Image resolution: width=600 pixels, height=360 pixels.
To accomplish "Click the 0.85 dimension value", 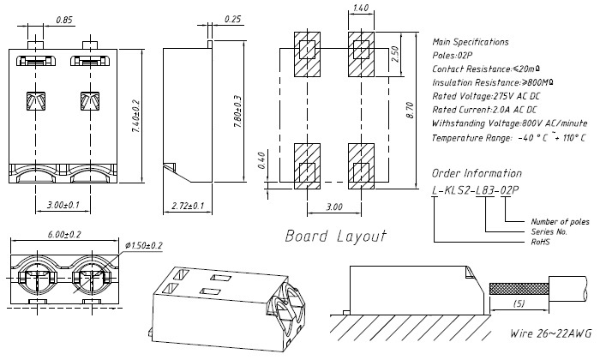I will (63, 19).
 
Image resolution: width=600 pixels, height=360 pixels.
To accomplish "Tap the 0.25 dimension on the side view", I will (231, 19).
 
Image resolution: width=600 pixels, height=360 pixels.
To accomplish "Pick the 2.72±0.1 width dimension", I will (188, 207).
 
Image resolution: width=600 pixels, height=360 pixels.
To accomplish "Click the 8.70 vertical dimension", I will (410, 110).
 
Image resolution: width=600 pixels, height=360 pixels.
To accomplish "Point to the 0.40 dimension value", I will (262, 160).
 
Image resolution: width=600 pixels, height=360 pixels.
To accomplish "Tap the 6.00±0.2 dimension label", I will (63, 234).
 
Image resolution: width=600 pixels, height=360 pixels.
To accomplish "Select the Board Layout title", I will (334, 236).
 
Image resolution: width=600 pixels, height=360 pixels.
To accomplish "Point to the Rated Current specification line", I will (485, 110).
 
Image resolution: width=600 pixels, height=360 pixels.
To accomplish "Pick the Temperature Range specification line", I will (509, 137).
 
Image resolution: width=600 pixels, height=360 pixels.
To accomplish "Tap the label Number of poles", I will (560, 221).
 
